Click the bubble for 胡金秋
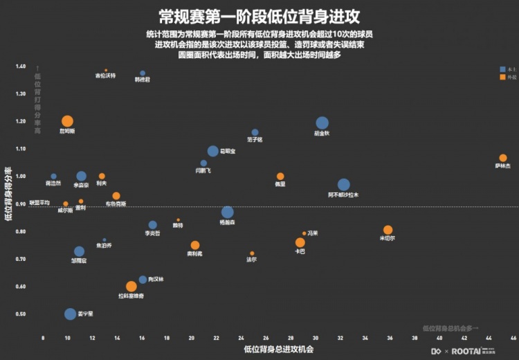[322, 124]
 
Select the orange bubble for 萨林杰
[503, 158]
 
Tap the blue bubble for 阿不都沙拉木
[344, 185]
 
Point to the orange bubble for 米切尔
[388, 230]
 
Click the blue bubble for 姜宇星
[70, 314]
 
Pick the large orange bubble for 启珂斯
[67, 122]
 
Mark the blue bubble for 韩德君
[143, 73]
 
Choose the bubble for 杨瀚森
[228, 213]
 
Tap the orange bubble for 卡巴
[300, 242]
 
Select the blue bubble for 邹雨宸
[79, 252]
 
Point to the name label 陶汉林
[156, 279]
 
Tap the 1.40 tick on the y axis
[20, 66]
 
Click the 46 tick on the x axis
[513, 338]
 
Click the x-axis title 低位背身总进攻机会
[278, 350]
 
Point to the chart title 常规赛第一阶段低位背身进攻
[259, 15]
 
